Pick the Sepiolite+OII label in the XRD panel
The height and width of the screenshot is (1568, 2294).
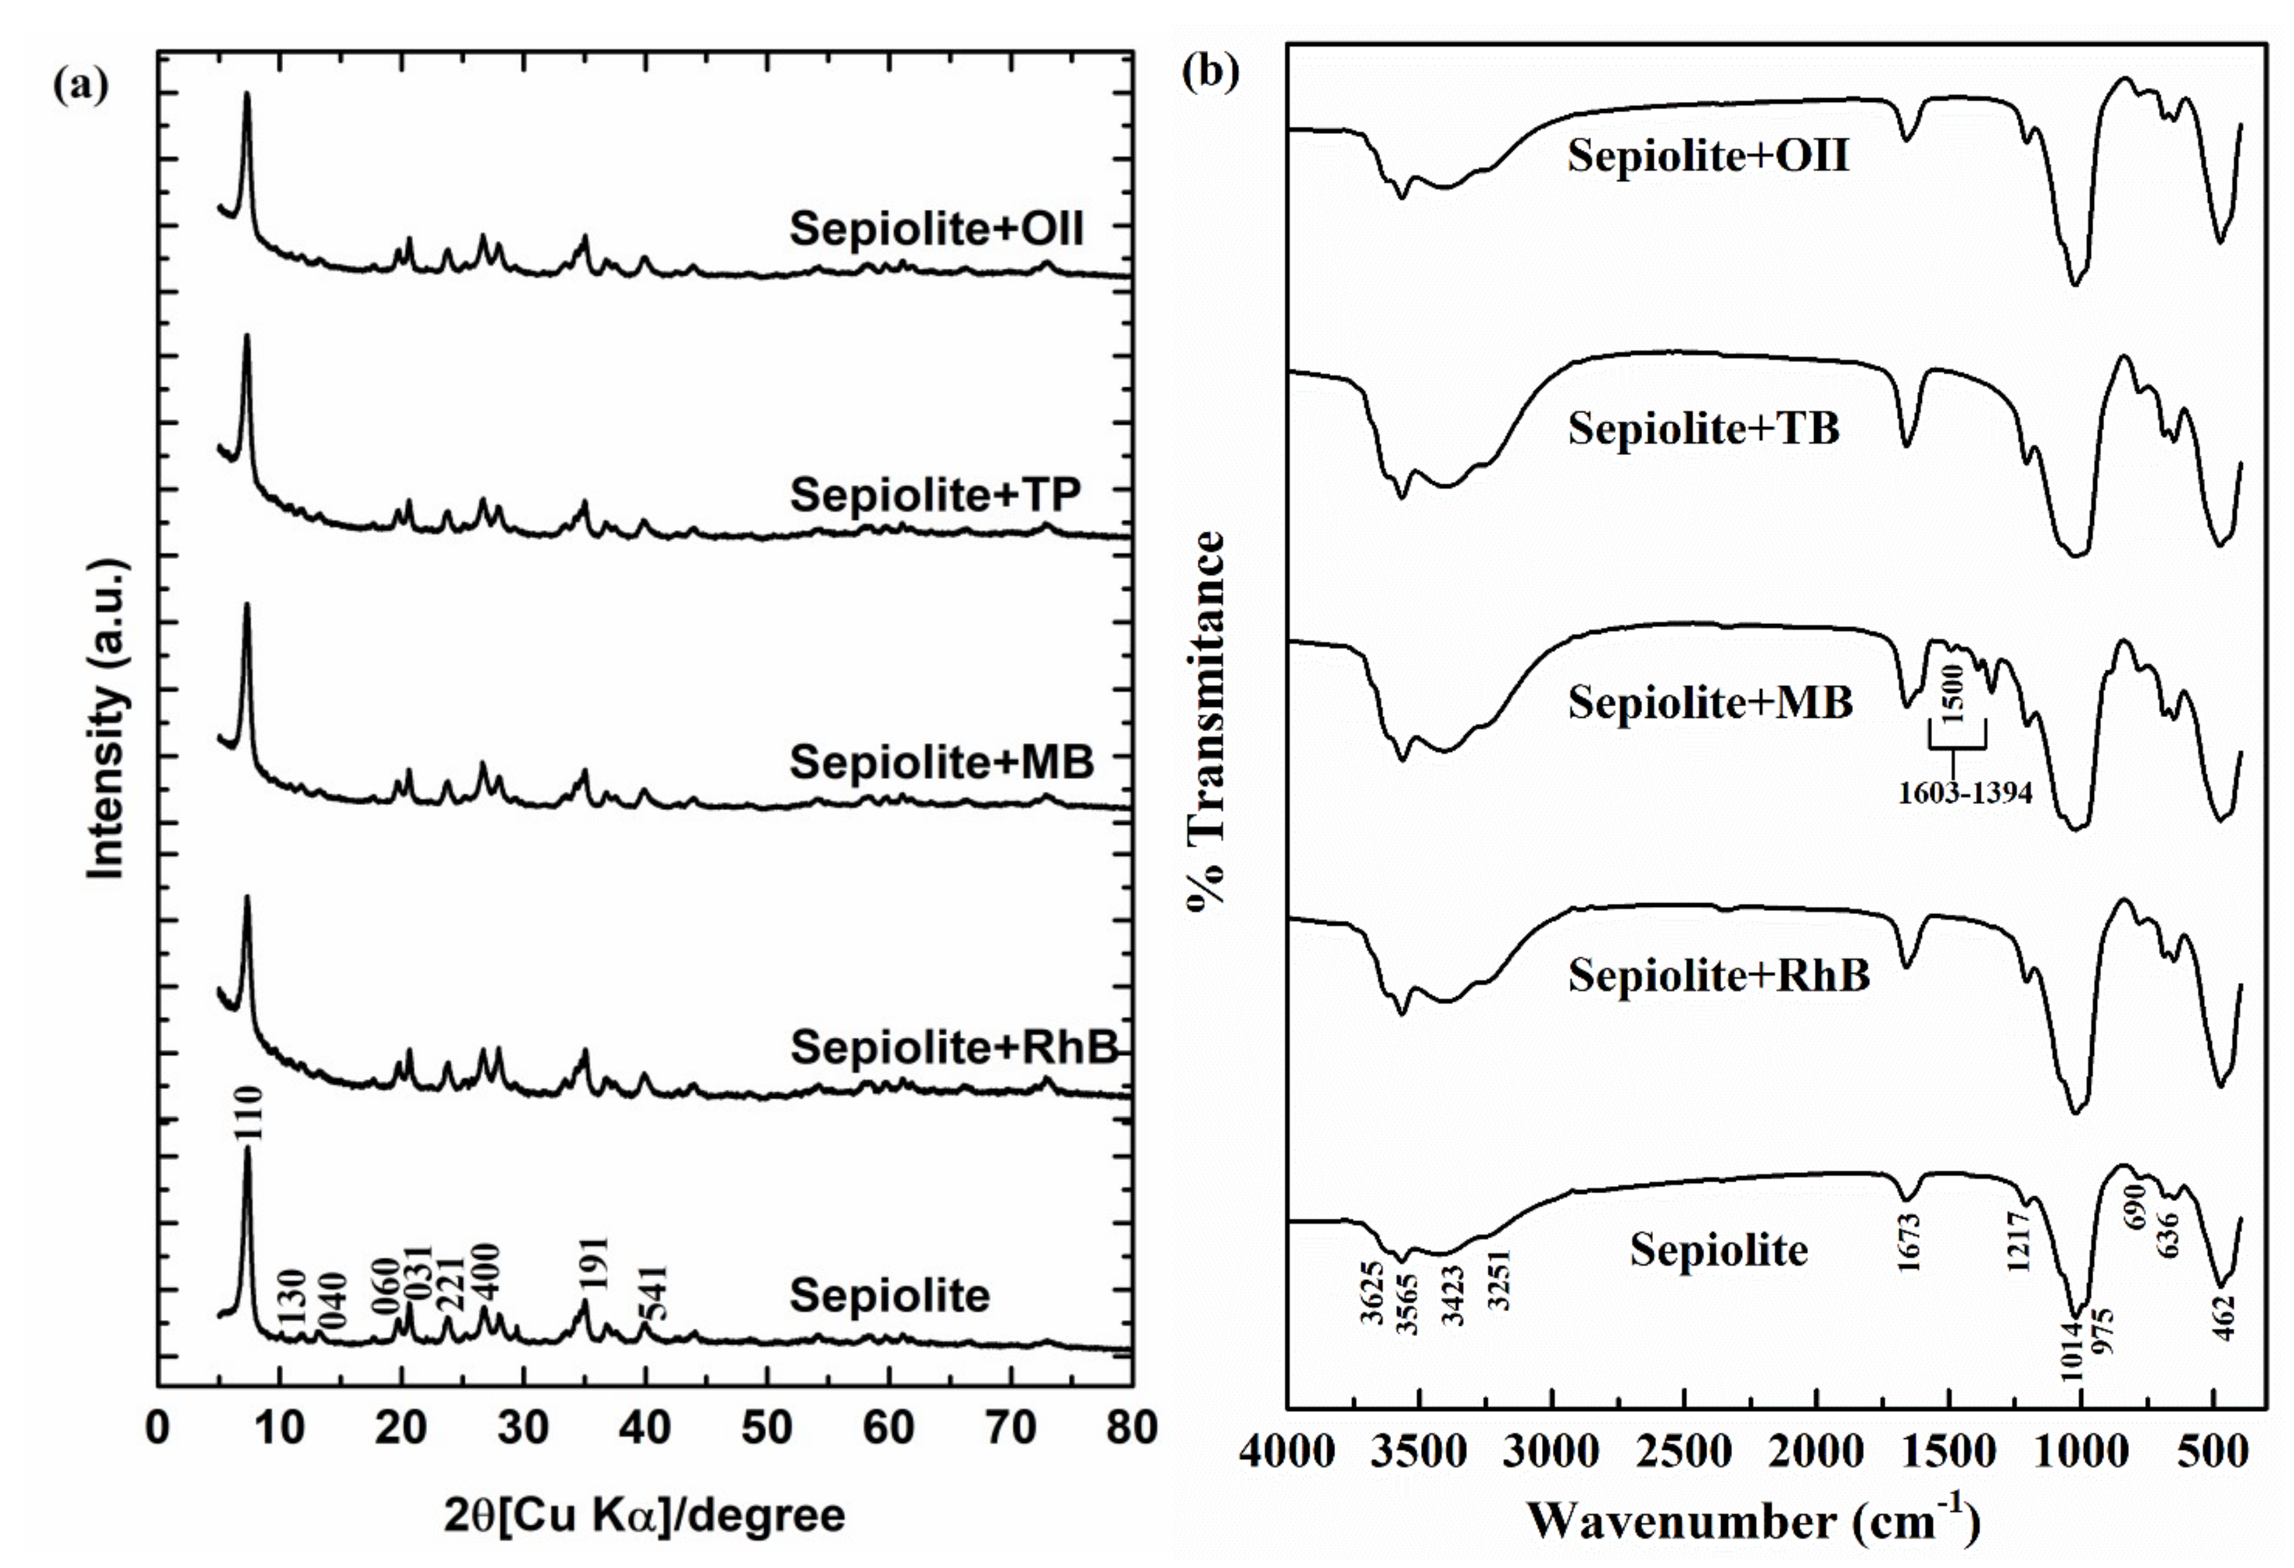coord(936,229)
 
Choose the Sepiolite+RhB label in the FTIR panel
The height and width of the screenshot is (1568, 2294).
coord(1719,976)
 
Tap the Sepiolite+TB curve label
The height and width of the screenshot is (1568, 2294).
coord(1704,428)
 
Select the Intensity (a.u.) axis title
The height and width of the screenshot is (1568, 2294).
coord(106,719)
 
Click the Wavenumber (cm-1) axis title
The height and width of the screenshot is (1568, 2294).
coord(1753,1521)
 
